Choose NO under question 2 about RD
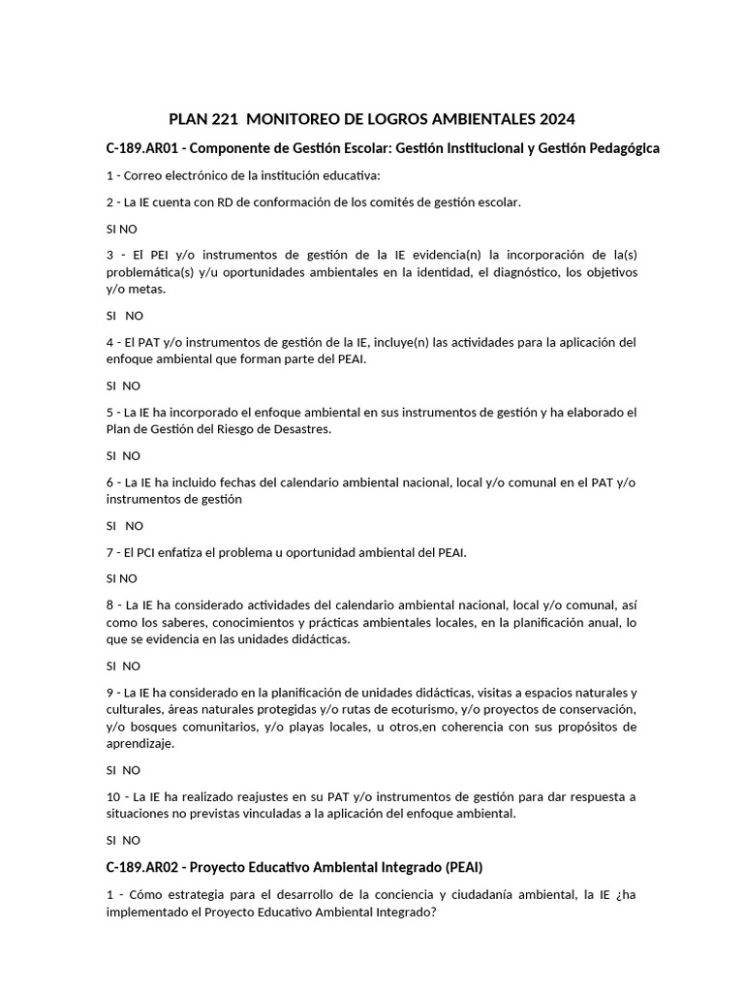(x=129, y=229)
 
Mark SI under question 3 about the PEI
(x=111, y=316)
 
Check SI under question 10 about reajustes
(x=111, y=840)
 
